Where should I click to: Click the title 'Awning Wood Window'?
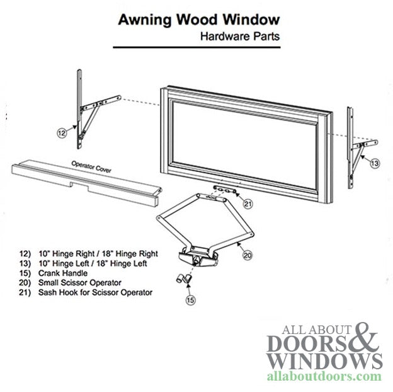click(199, 20)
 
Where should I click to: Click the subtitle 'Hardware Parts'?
click(240, 36)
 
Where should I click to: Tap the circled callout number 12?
click(62, 133)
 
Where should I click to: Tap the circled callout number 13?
click(375, 163)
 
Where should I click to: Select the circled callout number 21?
click(248, 203)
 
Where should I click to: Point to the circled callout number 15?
click(191, 300)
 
